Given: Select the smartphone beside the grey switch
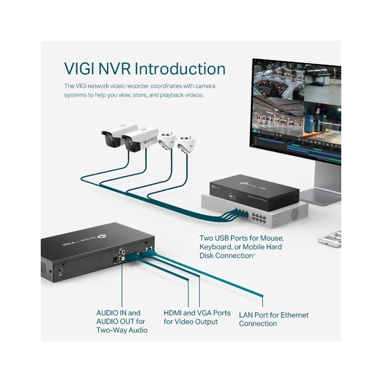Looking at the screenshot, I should (329, 238).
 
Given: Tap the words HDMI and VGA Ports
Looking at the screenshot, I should (197, 313).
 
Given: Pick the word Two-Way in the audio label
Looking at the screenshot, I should (111, 330).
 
